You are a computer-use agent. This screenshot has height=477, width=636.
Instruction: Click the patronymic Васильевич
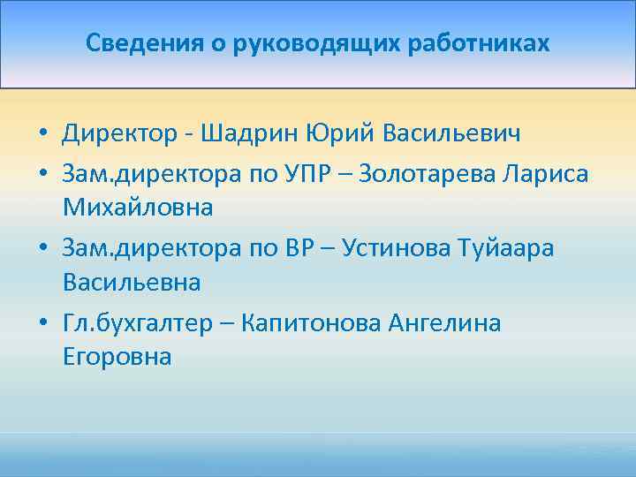click(x=452, y=133)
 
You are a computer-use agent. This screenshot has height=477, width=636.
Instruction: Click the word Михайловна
click(x=138, y=208)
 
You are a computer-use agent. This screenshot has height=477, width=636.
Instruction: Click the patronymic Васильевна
click(x=132, y=283)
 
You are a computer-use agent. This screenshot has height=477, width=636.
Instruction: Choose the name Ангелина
click(x=444, y=323)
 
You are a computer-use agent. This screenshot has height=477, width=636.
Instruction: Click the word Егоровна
click(x=117, y=358)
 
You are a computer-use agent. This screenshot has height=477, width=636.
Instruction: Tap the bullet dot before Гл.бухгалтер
click(x=42, y=324)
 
